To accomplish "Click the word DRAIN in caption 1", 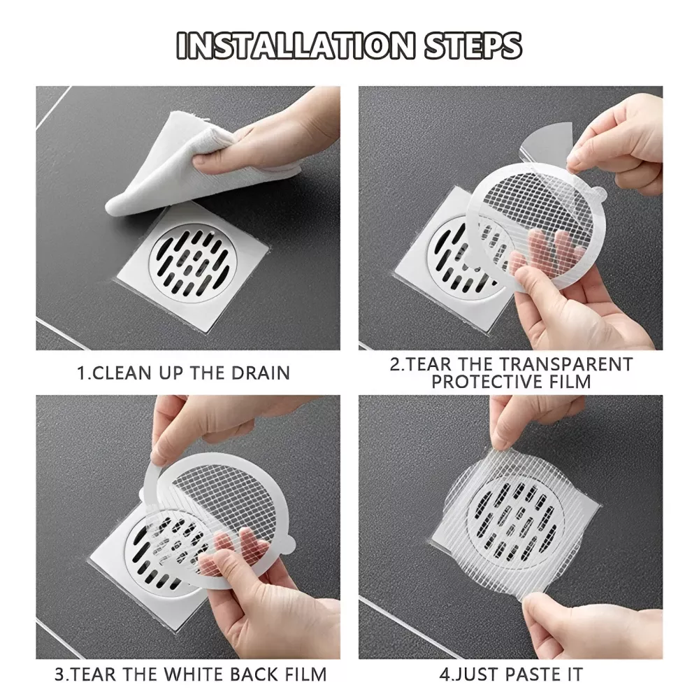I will (258, 372).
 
